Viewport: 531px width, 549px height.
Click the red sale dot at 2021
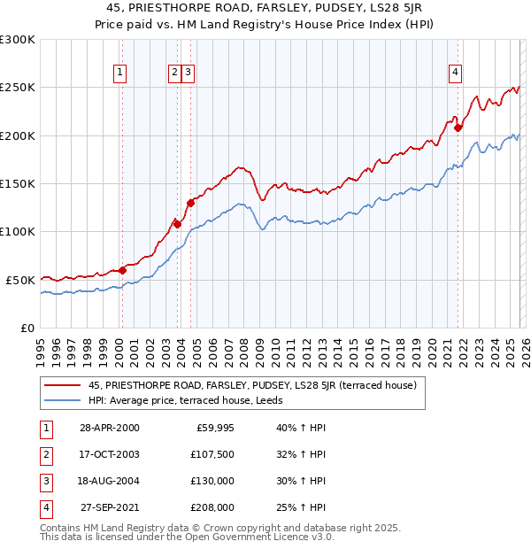click(x=458, y=128)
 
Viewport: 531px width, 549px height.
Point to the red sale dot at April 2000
click(x=122, y=270)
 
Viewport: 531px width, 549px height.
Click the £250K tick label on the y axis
click(x=18, y=88)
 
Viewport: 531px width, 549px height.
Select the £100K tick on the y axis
click(x=18, y=231)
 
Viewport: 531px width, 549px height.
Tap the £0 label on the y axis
click(x=27, y=328)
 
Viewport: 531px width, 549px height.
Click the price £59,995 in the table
click(x=215, y=428)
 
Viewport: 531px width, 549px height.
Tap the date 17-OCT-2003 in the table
click(x=110, y=454)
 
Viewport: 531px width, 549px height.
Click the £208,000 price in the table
click(x=212, y=507)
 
